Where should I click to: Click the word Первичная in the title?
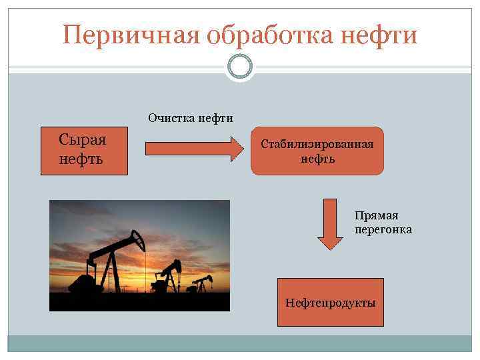[131, 34]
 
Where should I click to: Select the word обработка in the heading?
[273, 34]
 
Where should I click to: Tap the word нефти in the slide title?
[382, 34]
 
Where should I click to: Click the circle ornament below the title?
[240, 67]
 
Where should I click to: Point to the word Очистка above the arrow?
[172, 119]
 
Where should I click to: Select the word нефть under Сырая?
[81, 160]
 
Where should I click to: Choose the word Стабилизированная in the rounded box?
[317, 144]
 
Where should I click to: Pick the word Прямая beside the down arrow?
[376, 215]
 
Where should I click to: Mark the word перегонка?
[383, 230]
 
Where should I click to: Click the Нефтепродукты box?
[330, 303]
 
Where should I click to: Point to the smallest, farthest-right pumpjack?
[200, 283]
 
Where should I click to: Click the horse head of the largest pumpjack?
[137, 238]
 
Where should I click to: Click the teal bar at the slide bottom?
[240, 343]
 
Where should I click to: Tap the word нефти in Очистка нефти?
[215, 119]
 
